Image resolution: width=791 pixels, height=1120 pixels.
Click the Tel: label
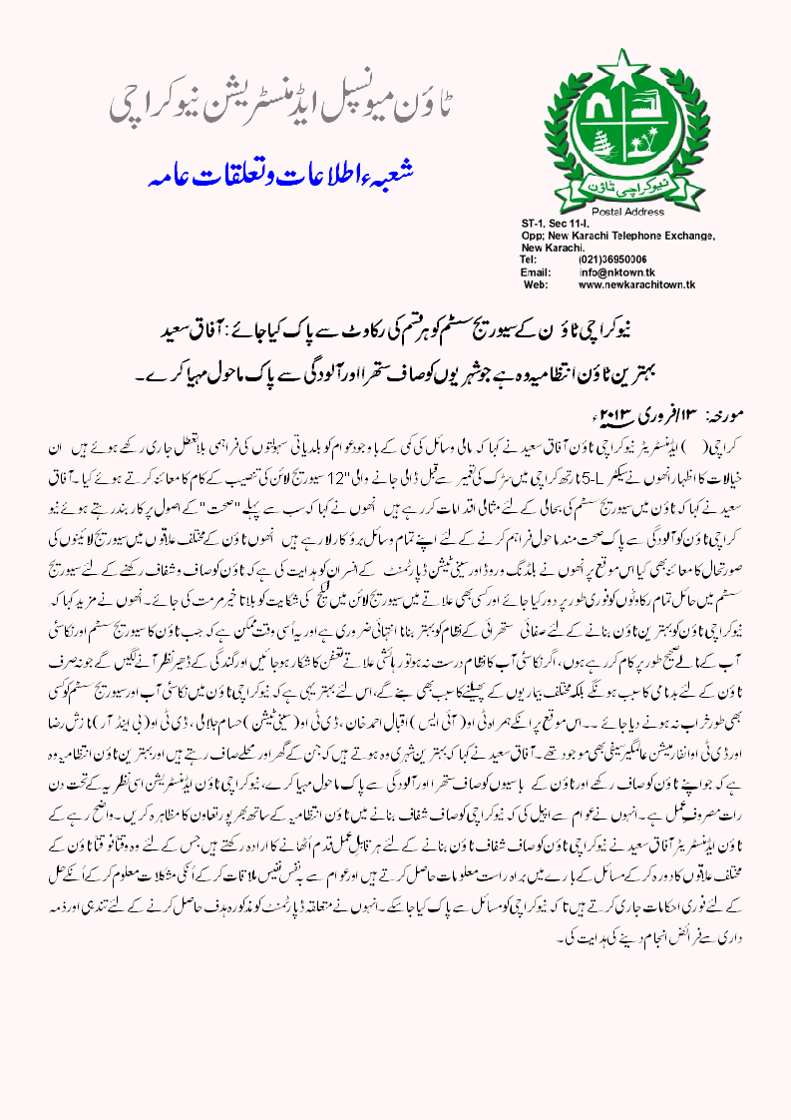(x=530, y=259)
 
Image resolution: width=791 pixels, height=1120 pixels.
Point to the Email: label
(x=537, y=272)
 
